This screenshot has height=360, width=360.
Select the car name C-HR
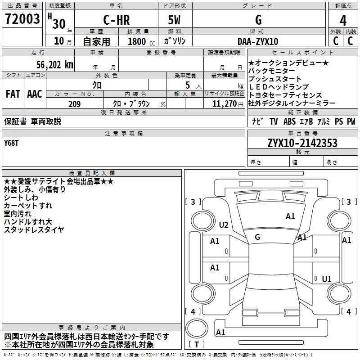[116, 20]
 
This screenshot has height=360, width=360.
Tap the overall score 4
[343, 20]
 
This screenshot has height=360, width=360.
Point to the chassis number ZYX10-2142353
[302, 143]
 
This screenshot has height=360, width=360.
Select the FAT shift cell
[13, 94]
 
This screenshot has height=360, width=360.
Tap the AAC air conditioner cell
[35, 94]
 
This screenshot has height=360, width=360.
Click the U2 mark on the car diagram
[224, 225]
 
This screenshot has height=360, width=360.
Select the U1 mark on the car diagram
[327, 279]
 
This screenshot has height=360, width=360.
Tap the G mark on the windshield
[257, 237]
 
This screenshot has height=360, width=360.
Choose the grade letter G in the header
[258, 20]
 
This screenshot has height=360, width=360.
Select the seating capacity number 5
[187, 85]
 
